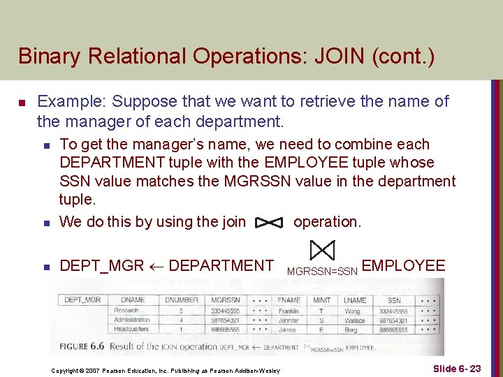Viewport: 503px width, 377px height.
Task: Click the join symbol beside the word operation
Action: click(269, 223)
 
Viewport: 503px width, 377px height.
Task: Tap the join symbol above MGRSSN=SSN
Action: click(322, 250)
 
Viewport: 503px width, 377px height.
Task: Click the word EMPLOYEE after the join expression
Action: click(403, 266)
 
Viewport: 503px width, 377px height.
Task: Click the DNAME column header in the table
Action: click(133, 300)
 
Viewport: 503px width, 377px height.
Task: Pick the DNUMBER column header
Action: click(181, 300)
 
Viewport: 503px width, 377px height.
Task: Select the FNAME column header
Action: click(289, 300)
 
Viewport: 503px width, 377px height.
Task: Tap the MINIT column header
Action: click(322, 300)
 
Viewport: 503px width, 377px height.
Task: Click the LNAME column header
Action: click(355, 300)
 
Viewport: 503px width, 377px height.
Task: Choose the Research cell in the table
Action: click(126, 310)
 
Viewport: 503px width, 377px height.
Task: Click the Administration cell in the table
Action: click(133, 320)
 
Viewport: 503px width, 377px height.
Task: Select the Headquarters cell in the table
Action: click(132, 330)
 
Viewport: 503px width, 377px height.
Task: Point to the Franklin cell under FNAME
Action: click(289, 310)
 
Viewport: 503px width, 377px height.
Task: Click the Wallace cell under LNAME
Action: click(355, 320)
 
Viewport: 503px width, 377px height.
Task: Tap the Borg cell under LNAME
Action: click(351, 330)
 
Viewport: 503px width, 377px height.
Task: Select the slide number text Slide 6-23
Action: click(457, 368)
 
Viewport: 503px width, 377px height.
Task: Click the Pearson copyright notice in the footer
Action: click(166, 370)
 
